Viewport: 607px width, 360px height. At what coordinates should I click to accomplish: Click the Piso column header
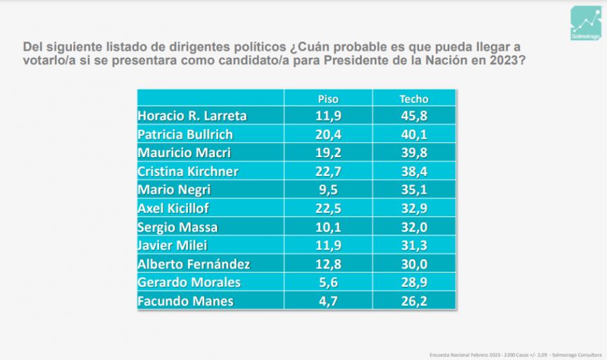[328, 99]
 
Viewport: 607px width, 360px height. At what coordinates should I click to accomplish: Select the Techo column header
[414, 99]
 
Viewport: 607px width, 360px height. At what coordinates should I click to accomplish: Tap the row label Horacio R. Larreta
[192, 116]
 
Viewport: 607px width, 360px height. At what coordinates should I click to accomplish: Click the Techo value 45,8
[414, 116]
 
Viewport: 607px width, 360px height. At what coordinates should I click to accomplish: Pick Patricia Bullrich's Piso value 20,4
[328, 134]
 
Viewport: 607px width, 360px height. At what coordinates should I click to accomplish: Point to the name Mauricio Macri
[184, 152]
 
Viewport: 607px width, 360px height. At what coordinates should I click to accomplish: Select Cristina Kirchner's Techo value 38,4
[414, 171]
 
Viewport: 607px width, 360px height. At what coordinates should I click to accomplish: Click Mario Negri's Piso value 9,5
[328, 190]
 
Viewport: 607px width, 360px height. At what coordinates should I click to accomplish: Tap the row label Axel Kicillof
[173, 208]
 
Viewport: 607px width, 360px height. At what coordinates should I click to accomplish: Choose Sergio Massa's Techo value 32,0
[414, 227]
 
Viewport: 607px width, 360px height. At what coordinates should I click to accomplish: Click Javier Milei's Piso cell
[328, 245]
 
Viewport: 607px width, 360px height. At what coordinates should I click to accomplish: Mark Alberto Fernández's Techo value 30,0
[414, 264]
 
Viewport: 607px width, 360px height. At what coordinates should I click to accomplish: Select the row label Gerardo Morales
[189, 283]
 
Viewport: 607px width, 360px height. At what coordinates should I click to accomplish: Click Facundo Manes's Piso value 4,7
[328, 301]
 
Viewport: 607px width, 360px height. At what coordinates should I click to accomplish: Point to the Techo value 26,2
[414, 301]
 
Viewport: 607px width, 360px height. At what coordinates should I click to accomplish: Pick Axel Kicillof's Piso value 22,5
[328, 208]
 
